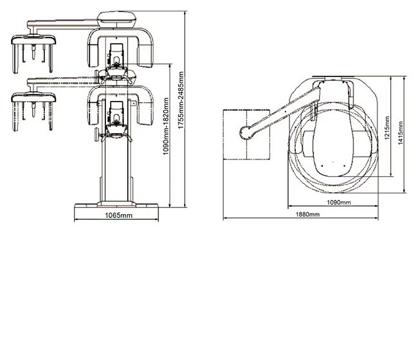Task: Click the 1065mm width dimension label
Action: click(x=117, y=215)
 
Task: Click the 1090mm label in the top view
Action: click(x=338, y=203)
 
